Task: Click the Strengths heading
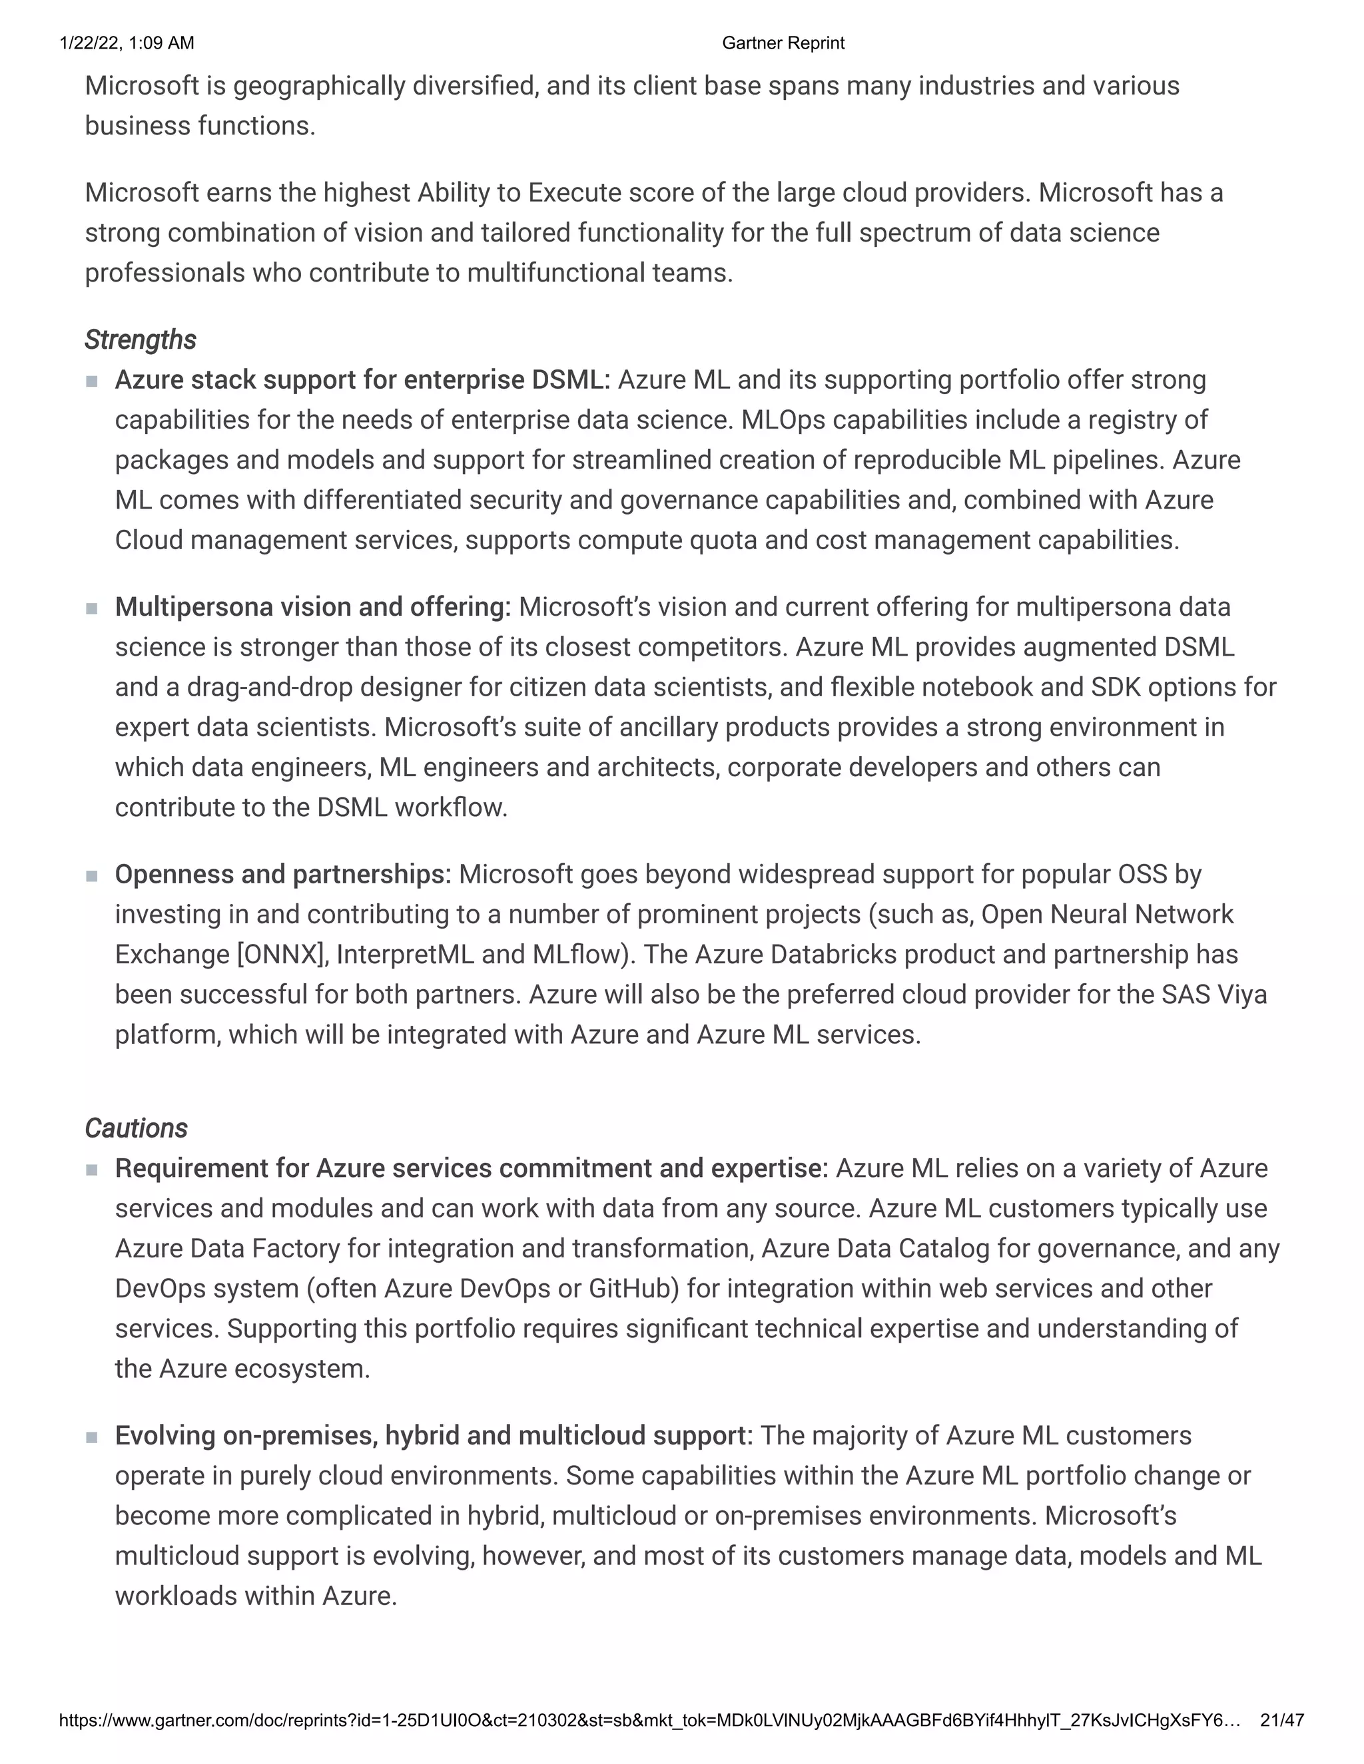click(140, 340)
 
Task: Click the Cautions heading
click(136, 1128)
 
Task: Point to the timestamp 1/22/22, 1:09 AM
click(127, 43)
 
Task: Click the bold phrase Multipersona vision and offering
click(313, 607)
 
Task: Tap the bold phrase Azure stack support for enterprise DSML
click(362, 380)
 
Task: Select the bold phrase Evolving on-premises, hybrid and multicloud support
click(433, 1436)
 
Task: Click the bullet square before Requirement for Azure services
click(91, 1170)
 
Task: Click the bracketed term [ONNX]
click(282, 955)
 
